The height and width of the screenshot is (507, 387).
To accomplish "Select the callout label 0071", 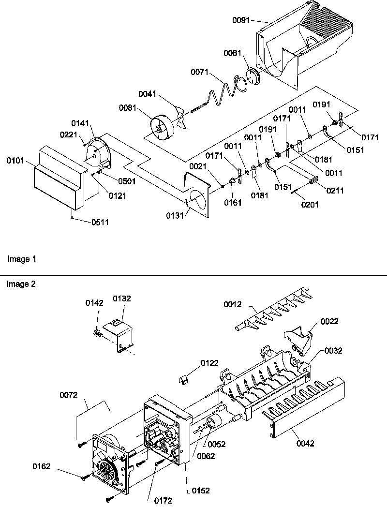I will click(199, 73).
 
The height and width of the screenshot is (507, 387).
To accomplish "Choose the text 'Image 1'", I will click(22, 259).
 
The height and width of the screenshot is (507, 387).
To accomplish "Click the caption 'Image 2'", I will click(21, 284).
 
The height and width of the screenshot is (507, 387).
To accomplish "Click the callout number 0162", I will click(42, 466).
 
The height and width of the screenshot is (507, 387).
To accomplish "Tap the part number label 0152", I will click(200, 491).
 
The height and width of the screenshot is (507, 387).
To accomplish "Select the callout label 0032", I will click(333, 351).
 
